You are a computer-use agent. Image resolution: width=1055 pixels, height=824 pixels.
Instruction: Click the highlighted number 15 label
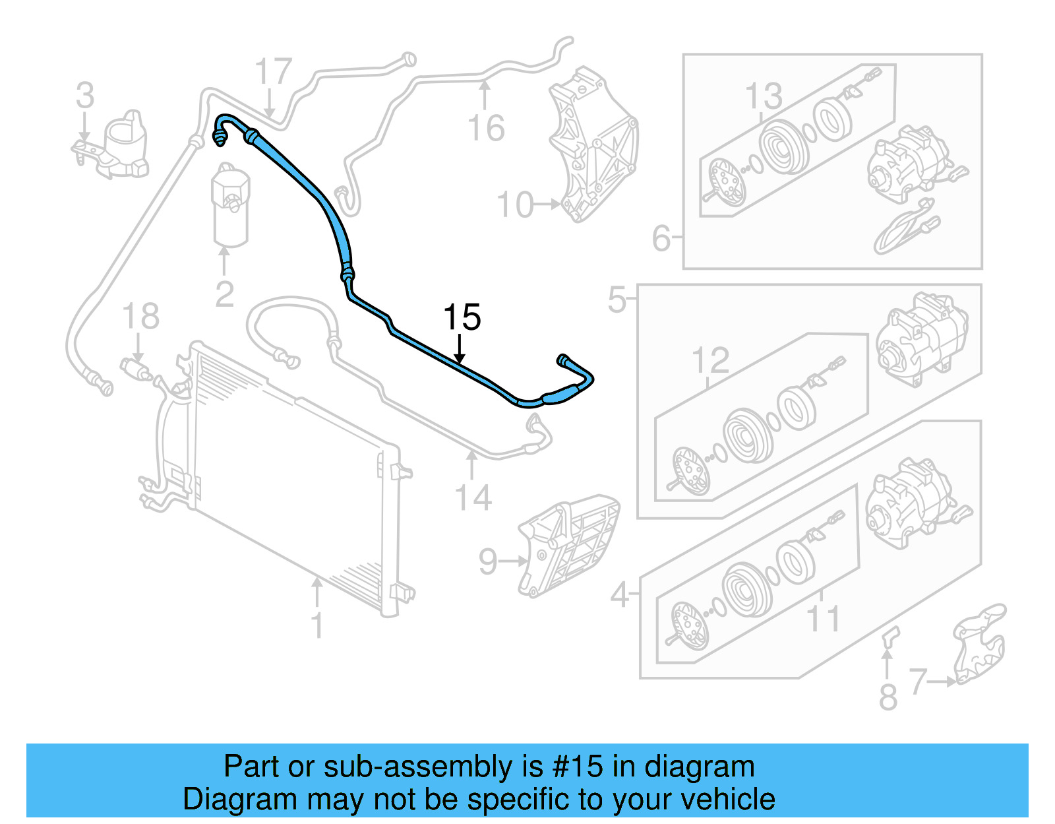click(x=462, y=318)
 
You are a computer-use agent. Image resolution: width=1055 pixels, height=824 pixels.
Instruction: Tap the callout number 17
click(x=273, y=72)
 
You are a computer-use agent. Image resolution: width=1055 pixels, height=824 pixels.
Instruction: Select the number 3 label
click(x=85, y=96)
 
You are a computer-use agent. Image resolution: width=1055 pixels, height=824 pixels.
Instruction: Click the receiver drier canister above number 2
click(x=230, y=206)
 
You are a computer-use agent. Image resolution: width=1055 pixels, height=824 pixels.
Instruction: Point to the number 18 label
click(x=141, y=317)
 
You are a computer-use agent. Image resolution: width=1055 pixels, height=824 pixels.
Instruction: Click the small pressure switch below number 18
click(x=136, y=368)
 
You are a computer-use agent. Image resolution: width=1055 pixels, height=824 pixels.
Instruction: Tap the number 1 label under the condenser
click(x=317, y=625)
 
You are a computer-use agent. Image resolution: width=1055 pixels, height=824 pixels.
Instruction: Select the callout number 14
click(x=473, y=498)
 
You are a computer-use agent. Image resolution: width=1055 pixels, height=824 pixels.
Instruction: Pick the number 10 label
click(x=515, y=205)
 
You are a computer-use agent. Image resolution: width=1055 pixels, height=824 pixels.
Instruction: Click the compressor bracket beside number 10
click(x=593, y=145)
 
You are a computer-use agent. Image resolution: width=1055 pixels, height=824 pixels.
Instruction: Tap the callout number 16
click(x=486, y=128)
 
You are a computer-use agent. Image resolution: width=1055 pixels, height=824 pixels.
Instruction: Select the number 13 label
click(x=764, y=97)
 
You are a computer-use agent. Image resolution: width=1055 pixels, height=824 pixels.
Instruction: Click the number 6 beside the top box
click(x=661, y=239)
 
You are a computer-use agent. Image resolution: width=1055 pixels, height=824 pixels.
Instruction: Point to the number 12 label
click(x=710, y=361)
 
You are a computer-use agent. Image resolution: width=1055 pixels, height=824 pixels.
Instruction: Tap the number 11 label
click(x=823, y=619)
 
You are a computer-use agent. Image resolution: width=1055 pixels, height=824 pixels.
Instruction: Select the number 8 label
click(x=888, y=697)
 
